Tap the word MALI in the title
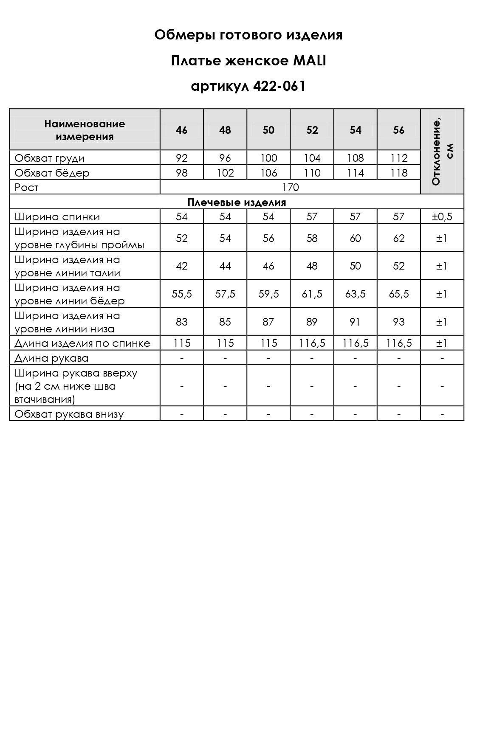point(309,61)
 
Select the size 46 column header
point(181,130)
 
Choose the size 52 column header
point(312,130)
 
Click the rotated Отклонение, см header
point(442,151)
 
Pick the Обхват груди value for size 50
point(268,158)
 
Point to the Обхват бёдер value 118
point(398,173)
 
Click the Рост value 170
point(291,187)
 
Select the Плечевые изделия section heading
point(237,202)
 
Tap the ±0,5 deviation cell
point(442,217)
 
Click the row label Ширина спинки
point(57,217)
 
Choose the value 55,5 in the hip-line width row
point(181,294)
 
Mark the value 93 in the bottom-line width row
point(398,322)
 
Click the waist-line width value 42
point(181,266)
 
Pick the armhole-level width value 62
point(398,238)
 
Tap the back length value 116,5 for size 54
point(355,343)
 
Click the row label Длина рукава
point(51,358)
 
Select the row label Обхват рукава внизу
point(69,414)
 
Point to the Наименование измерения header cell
point(85,130)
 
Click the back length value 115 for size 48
point(225,343)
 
